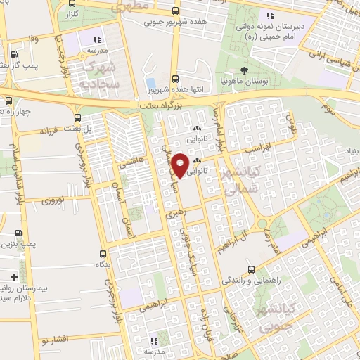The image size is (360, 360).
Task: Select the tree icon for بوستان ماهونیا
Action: tap(244, 70)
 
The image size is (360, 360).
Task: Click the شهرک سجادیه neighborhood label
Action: tap(102, 75)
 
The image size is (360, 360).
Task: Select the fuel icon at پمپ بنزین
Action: tap(18, 233)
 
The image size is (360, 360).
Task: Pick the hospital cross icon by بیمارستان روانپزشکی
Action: tap(14, 277)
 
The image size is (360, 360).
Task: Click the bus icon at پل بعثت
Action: tap(78, 119)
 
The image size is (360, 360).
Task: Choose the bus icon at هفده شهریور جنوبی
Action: tap(176, 11)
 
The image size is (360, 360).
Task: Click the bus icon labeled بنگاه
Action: tap(103, 254)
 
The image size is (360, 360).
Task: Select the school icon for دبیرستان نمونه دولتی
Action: tap(269, 15)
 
